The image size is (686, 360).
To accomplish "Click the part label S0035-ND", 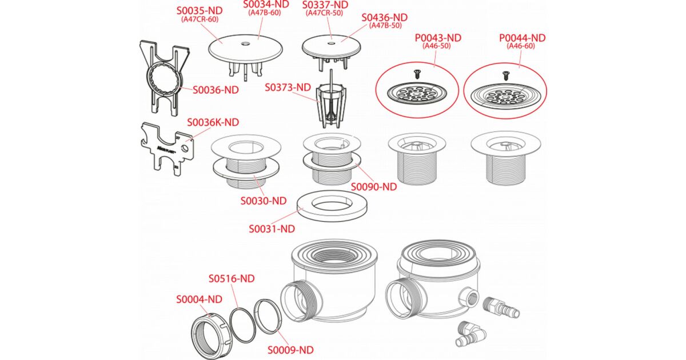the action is point(200,11).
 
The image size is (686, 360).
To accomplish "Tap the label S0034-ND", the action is point(266,5).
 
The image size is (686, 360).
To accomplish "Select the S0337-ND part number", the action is point(325,5).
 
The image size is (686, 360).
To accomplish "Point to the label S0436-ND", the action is point(384,18).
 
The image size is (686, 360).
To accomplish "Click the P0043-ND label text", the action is point(438,38).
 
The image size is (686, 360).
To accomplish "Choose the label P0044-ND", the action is point(522,38).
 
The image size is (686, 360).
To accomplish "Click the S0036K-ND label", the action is point(213,122).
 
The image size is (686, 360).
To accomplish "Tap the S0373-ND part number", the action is point(288,87).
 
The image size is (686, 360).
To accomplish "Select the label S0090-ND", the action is point(374,187).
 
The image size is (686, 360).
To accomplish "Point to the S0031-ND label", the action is point(272,229).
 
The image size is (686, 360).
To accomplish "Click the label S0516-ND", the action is point(232,279).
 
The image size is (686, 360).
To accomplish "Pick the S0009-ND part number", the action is point(290,350).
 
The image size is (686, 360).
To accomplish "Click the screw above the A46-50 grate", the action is point(417,74).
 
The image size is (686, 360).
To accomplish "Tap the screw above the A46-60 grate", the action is point(505,75).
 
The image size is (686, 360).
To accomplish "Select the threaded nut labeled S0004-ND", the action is point(211,337).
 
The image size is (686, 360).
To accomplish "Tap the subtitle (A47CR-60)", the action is point(200,19).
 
